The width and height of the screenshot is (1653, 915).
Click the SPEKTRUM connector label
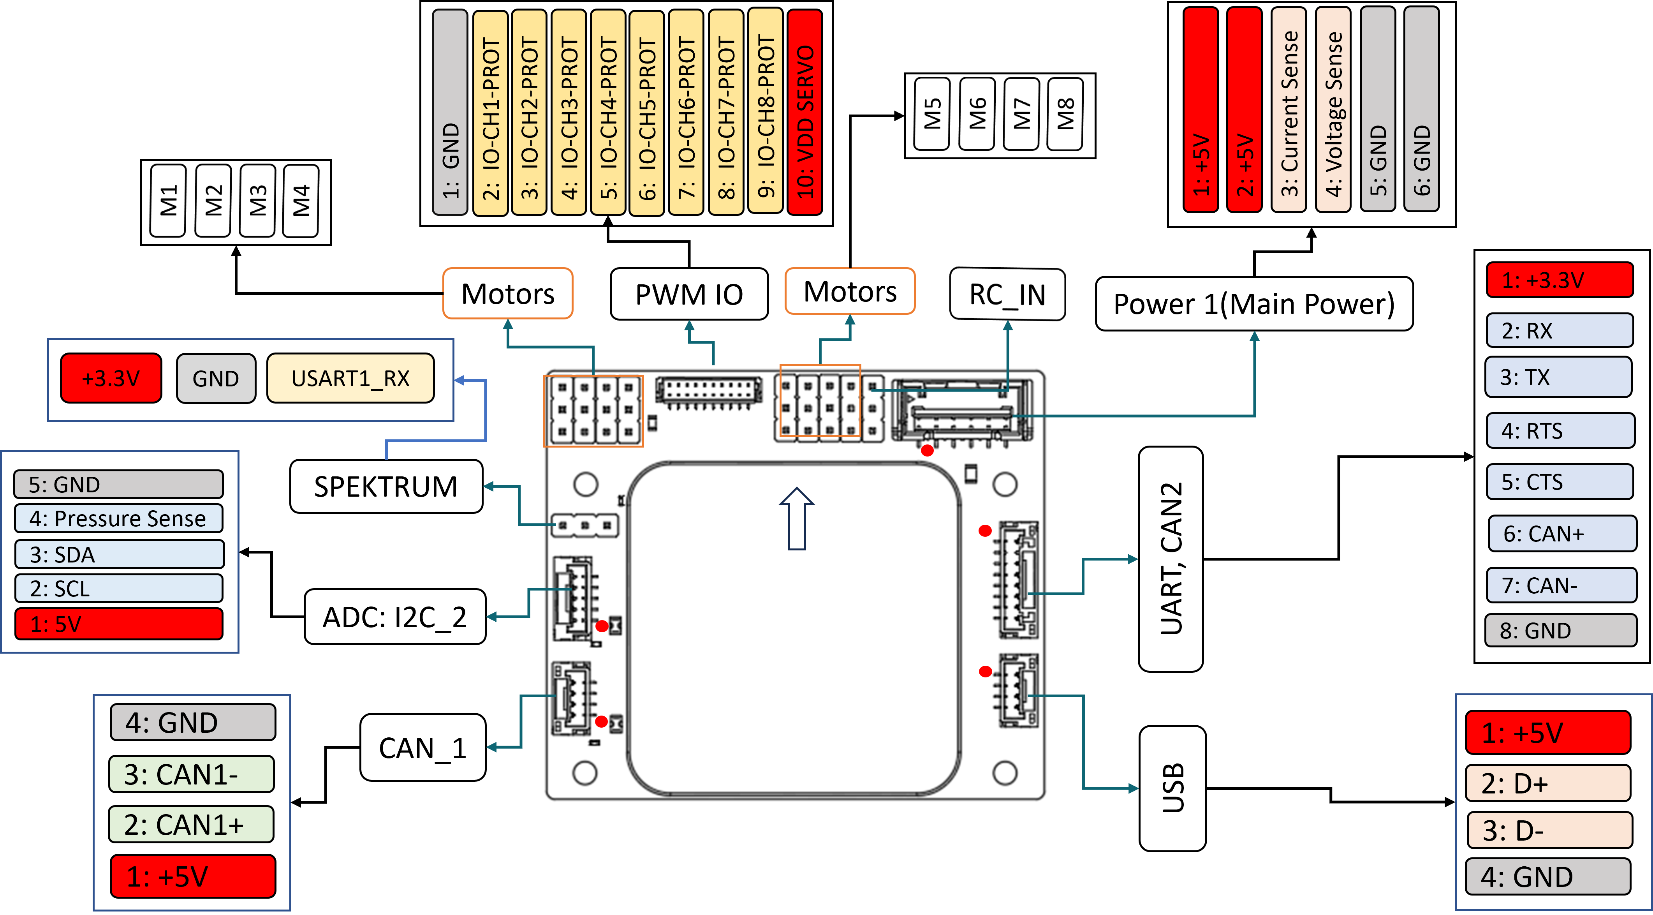pyautogui.click(x=386, y=486)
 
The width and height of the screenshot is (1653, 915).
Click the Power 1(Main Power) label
pyautogui.click(x=1254, y=304)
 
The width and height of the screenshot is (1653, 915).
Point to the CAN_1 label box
pyautogui.click(x=423, y=748)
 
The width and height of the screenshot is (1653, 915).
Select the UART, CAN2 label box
pyautogui.click(x=1171, y=559)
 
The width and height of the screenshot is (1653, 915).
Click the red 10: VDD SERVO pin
pyautogui.click(x=804, y=112)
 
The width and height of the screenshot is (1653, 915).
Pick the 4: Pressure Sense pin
pyautogui.click(x=118, y=518)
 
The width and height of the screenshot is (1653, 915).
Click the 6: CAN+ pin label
pyautogui.click(x=1561, y=534)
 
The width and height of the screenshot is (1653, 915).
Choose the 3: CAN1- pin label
pyautogui.click(x=191, y=774)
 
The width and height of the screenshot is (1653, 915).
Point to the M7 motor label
pyautogui.click(x=1021, y=114)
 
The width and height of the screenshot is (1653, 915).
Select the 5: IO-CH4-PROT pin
pyautogui.click(x=608, y=112)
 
